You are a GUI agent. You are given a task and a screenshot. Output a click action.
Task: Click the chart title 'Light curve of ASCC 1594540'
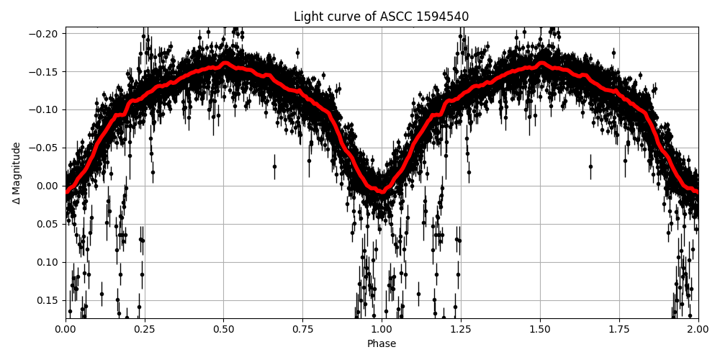coord(381,17)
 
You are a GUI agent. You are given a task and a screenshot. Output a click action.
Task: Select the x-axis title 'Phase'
coord(382,344)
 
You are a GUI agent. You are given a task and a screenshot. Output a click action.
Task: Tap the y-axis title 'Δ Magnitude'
coord(16,173)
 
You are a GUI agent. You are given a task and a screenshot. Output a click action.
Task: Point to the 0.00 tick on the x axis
coord(66,330)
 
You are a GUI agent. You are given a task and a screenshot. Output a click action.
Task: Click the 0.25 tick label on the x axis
coord(145,330)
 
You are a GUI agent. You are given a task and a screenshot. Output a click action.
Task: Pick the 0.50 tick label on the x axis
coord(224,330)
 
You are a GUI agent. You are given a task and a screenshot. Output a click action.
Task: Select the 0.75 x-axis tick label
coord(302,330)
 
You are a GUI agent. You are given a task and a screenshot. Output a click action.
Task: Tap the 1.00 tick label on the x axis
coord(382,330)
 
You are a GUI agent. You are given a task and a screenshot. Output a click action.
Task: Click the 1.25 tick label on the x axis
coord(461,330)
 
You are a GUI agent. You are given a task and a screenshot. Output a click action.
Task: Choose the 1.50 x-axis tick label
coord(540,330)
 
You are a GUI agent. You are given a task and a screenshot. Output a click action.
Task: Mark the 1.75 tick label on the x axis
coord(619,330)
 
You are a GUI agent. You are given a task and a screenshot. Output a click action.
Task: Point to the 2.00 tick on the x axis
coord(698,330)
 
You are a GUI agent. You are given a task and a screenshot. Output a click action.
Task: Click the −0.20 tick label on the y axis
coord(45,34)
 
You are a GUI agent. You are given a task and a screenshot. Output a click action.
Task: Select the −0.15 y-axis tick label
coord(45,72)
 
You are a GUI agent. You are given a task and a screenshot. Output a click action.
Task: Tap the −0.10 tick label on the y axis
coord(45,110)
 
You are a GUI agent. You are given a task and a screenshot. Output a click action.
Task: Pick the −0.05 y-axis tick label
coord(45,148)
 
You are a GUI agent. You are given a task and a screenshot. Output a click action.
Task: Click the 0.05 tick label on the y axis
coord(48,224)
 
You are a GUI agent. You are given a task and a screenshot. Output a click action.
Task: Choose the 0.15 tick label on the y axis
coord(48,300)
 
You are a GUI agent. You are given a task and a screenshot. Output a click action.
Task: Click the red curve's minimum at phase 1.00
coord(382,192)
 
